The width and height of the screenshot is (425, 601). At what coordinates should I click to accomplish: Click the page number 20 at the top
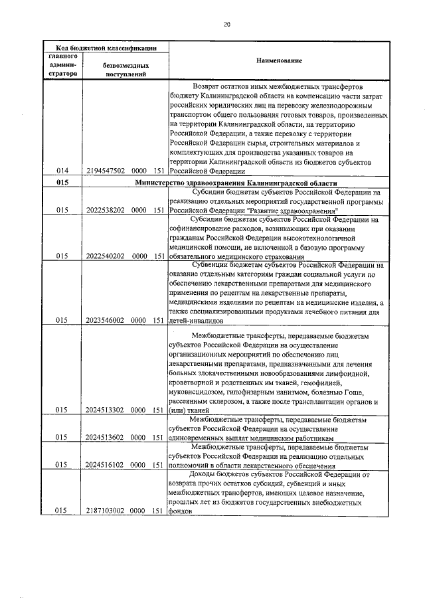[226, 24]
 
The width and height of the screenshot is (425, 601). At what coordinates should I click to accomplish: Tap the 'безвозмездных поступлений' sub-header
[124, 70]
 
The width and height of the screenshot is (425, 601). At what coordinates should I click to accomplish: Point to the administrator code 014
[62, 171]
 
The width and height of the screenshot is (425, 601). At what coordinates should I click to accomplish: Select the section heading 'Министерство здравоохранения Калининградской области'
[236, 183]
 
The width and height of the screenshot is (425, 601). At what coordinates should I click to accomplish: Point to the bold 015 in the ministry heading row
[62, 183]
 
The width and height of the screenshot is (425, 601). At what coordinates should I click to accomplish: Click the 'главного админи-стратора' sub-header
[62, 66]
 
